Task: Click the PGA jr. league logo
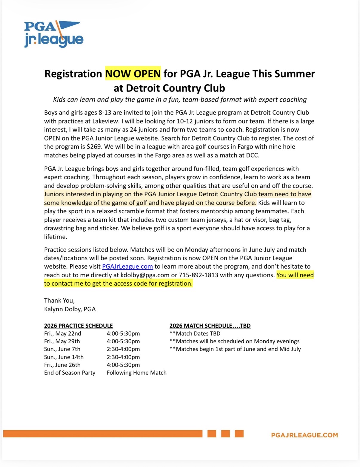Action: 53,34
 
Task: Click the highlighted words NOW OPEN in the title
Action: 133,74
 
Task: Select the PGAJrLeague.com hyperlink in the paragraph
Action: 127,267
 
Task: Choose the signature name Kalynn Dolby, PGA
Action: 70,309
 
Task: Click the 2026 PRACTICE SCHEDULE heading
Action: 79,326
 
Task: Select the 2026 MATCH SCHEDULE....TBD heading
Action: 210,326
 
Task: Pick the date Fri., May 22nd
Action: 63,333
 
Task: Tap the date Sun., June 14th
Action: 64,357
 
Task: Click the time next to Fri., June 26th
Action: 123,365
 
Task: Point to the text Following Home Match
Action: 137,373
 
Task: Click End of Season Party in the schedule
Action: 70,373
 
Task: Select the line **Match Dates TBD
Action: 195,333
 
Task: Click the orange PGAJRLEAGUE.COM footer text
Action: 304,435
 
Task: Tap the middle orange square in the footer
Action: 225,434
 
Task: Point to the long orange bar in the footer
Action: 103,434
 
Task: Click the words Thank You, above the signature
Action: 59,300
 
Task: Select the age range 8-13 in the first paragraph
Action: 105,113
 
